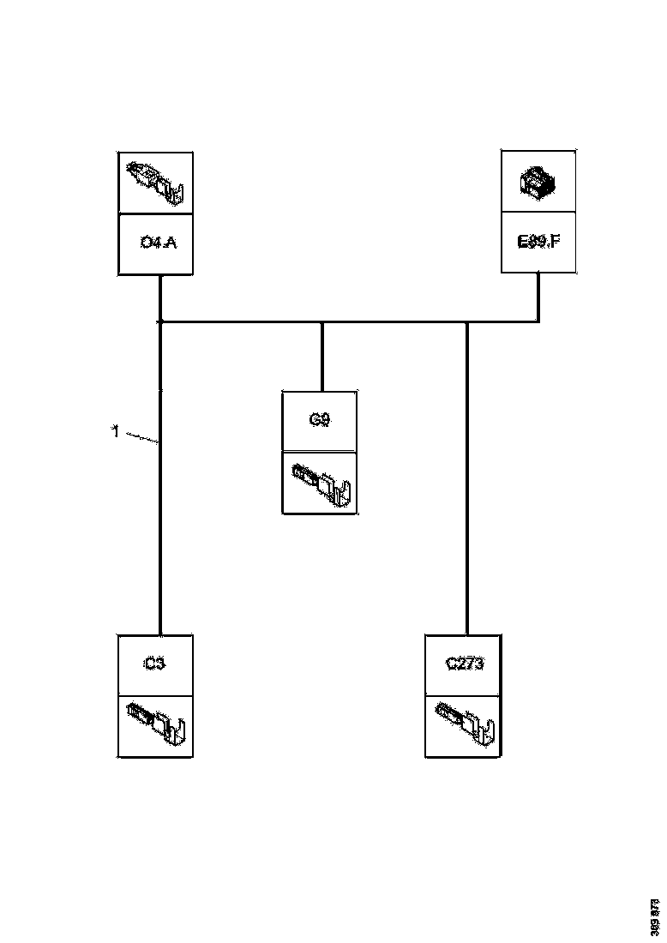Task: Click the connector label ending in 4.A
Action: coord(157,243)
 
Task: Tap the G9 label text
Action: coord(319,420)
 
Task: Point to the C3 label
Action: coord(154,664)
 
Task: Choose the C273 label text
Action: coord(465,664)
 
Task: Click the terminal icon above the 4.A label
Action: coord(155,182)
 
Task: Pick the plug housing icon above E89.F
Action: coord(538,183)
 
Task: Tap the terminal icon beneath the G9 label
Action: coord(321,484)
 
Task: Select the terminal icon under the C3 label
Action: coord(155,725)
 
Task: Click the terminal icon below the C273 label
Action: coord(463,725)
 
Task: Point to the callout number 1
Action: coord(116,432)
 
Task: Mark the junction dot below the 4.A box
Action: coord(160,322)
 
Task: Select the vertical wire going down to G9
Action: coord(321,357)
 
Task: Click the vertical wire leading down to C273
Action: coord(467,480)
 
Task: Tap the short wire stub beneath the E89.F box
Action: coord(538,297)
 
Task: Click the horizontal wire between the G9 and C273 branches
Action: coord(394,322)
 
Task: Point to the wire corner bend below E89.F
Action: coord(538,322)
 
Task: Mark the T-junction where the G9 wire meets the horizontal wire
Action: coord(321,322)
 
